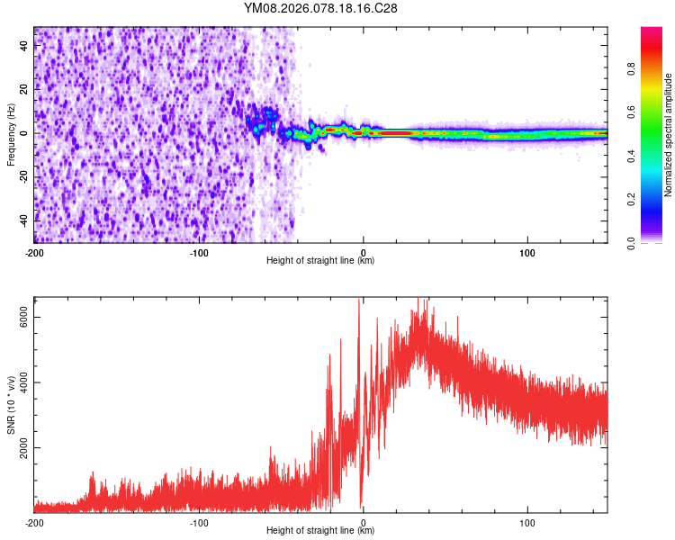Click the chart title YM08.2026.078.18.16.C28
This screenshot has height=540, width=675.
(320, 9)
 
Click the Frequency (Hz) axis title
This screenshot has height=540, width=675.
(11, 135)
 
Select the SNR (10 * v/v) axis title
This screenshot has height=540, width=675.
(11, 404)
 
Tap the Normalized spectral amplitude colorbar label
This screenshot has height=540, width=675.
(668, 135)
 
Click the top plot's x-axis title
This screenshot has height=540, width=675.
(320, 261)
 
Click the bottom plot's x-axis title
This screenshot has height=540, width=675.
(320, 531)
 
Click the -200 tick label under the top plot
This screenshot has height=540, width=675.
(34, 252)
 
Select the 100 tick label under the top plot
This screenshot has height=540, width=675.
(527, 252)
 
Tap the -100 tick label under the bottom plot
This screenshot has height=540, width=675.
(199, 522)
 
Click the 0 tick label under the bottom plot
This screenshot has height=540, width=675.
(364, 522)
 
